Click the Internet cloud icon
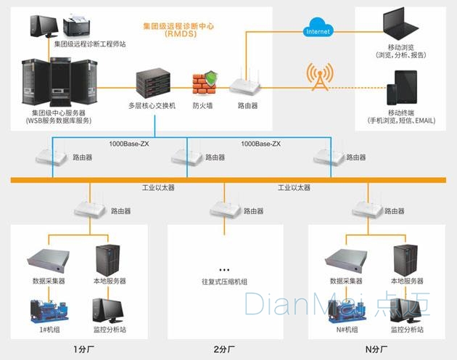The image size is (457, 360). click(317, 29)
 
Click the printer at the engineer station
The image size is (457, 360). click(75, 28)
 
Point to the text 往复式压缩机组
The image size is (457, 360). click(224, 281)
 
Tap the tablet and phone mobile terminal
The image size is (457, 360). click(401, 88)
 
